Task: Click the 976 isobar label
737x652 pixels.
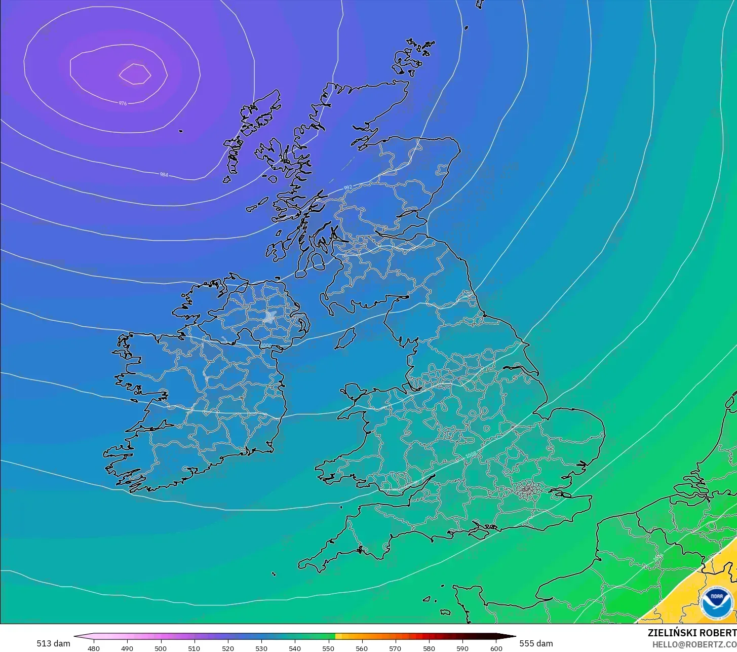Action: [x=123, y=103]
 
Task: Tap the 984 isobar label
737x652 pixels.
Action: [x=164, y=175]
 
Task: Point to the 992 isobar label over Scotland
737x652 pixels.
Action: [x=347, y=187]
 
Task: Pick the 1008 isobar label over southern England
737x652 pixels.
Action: [x=471, y=455]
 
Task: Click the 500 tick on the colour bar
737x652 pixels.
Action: [x=161, y=648]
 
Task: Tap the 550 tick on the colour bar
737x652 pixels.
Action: [x=328, y=648]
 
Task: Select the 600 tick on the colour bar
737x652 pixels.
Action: [x=496, y=648]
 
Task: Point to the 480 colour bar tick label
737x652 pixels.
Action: [x=94, y=648]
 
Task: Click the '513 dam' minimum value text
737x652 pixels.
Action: [x=53, y=643]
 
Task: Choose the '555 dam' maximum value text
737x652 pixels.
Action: [x=536, y=643]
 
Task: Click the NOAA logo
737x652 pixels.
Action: [x=716, y=602]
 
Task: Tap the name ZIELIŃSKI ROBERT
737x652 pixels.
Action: [x=692, y=633]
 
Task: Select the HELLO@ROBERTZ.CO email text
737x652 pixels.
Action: [x=694, y=644]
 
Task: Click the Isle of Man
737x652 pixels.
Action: [x=346, y=338]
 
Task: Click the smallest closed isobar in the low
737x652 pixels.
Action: [x=135, y=74]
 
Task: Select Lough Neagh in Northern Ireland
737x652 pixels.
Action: [x=269, y=317]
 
